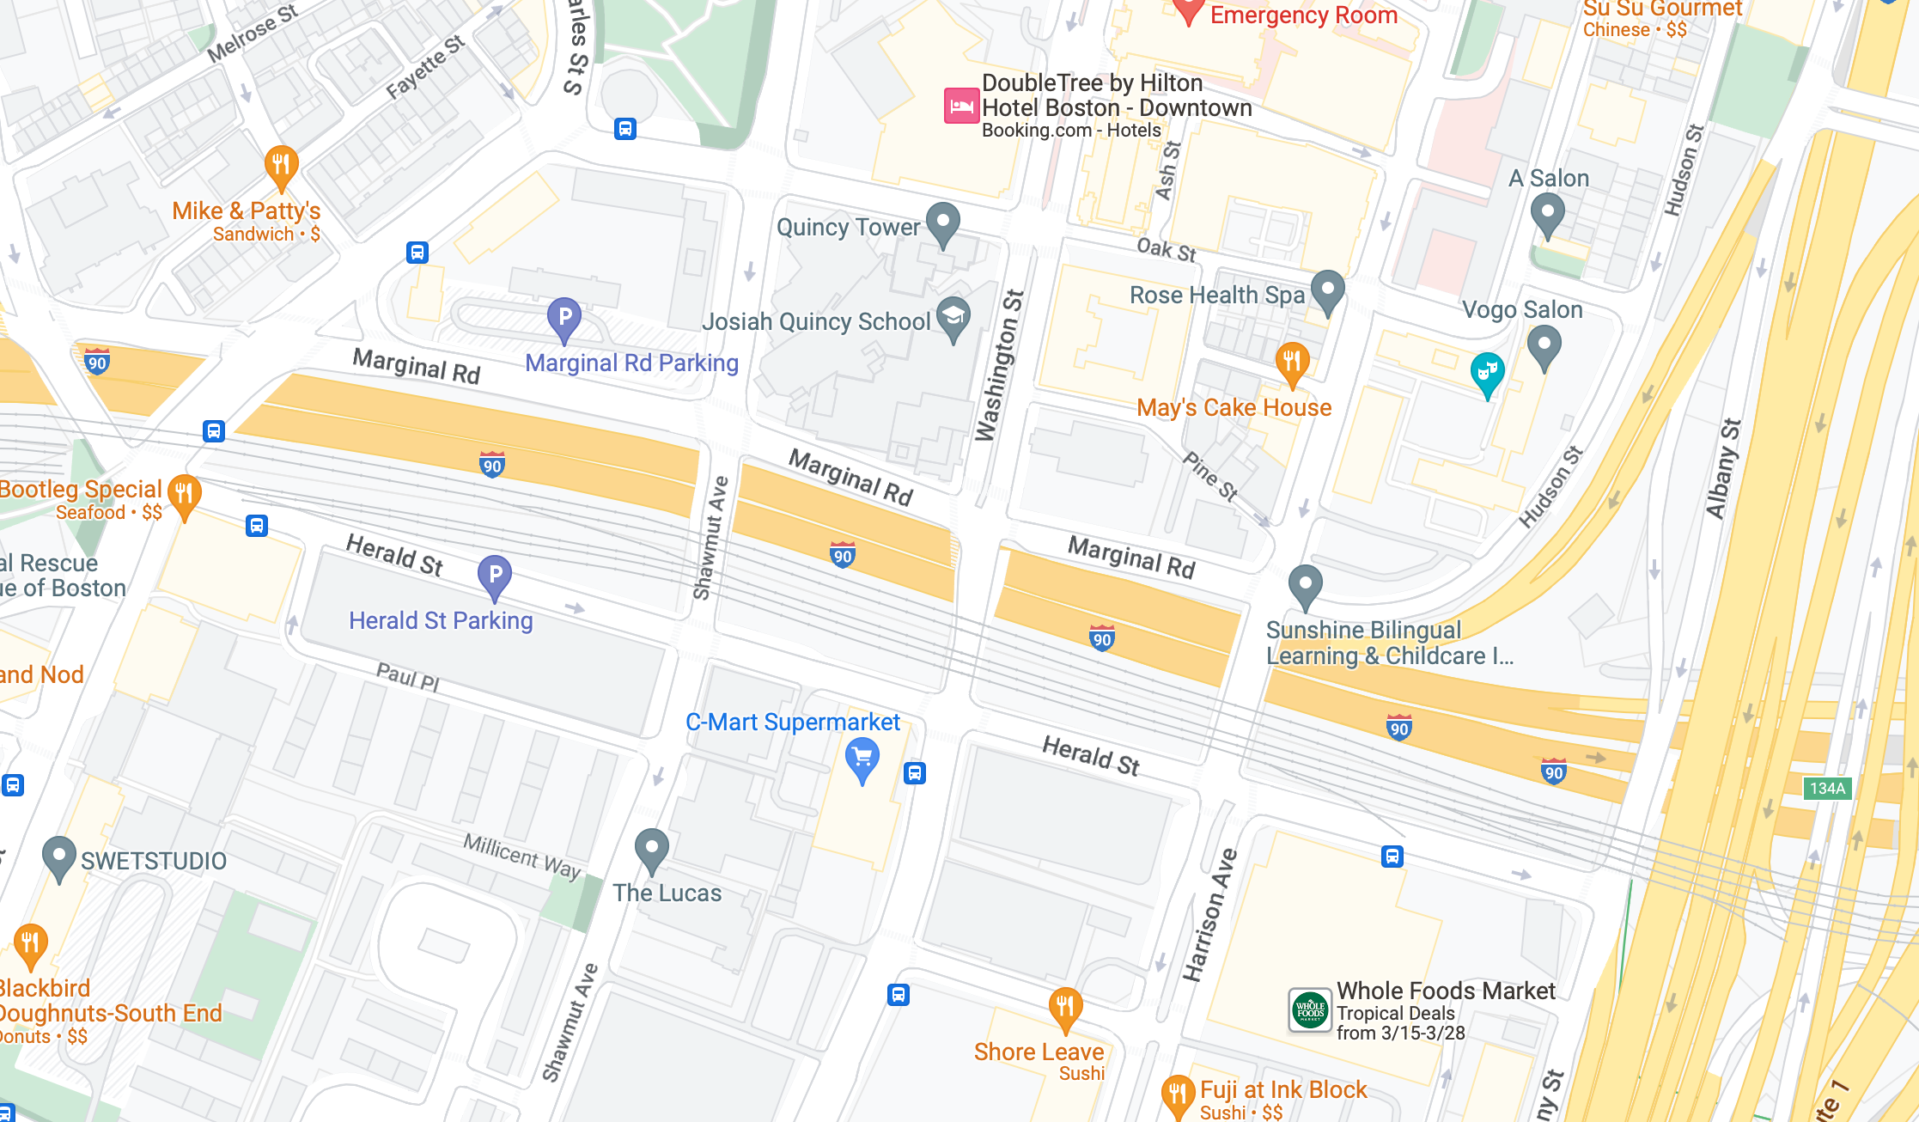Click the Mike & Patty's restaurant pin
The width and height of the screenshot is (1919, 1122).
coord(281,166)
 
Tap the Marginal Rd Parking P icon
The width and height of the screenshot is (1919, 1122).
coord(564,318)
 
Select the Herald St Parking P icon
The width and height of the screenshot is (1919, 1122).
coord(495,576)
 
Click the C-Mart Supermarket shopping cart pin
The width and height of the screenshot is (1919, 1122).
coord(862,759)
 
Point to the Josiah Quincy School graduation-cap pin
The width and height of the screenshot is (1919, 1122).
coord(953,317)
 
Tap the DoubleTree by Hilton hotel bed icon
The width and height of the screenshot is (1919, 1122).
coord(961,107)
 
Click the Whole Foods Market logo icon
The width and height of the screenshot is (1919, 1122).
coord(1310,1010)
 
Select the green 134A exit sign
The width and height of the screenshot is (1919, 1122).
coord(1827,788)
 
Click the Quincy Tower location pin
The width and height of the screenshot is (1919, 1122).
coord(943,223)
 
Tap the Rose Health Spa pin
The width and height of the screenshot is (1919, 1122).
coord(1328,290)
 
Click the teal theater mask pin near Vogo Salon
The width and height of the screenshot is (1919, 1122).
coord(1487,373)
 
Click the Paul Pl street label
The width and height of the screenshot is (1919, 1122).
coord(408,677)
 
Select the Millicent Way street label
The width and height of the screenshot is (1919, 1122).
coord(522,856)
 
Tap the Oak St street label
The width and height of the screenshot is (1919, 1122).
coord(1166,249)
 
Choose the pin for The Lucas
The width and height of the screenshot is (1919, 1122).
coord(652,849)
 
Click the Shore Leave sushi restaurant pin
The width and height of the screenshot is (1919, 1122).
coord(1065,1009)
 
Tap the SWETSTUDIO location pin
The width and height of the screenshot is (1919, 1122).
coord(58,857)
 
